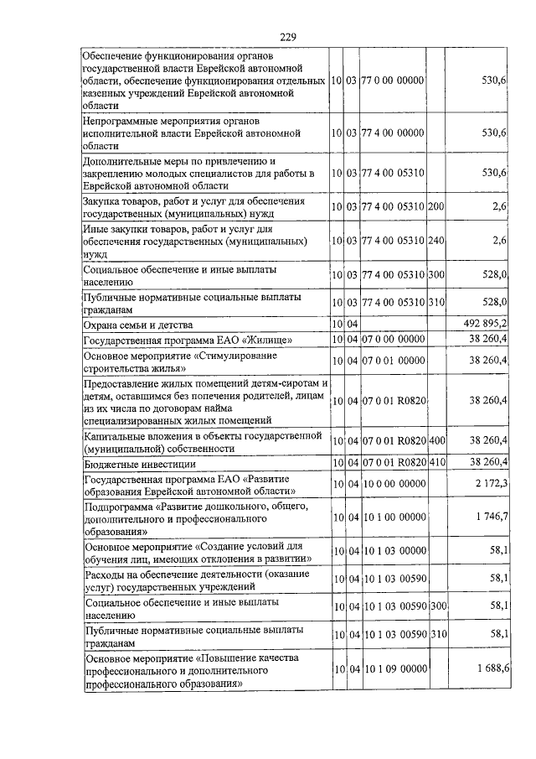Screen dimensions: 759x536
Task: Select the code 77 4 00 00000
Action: [x=393, y=133]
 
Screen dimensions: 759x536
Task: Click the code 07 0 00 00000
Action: [x=393, y=340]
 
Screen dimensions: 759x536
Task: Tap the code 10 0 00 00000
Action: [x=393, y=484]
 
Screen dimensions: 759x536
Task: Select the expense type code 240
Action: [x=435, y=241]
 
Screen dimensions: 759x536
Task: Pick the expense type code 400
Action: [x=435, y=440]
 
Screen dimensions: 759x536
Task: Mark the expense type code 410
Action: [x=435, y=463]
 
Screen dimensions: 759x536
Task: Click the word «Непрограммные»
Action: [x=123, y=120]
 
